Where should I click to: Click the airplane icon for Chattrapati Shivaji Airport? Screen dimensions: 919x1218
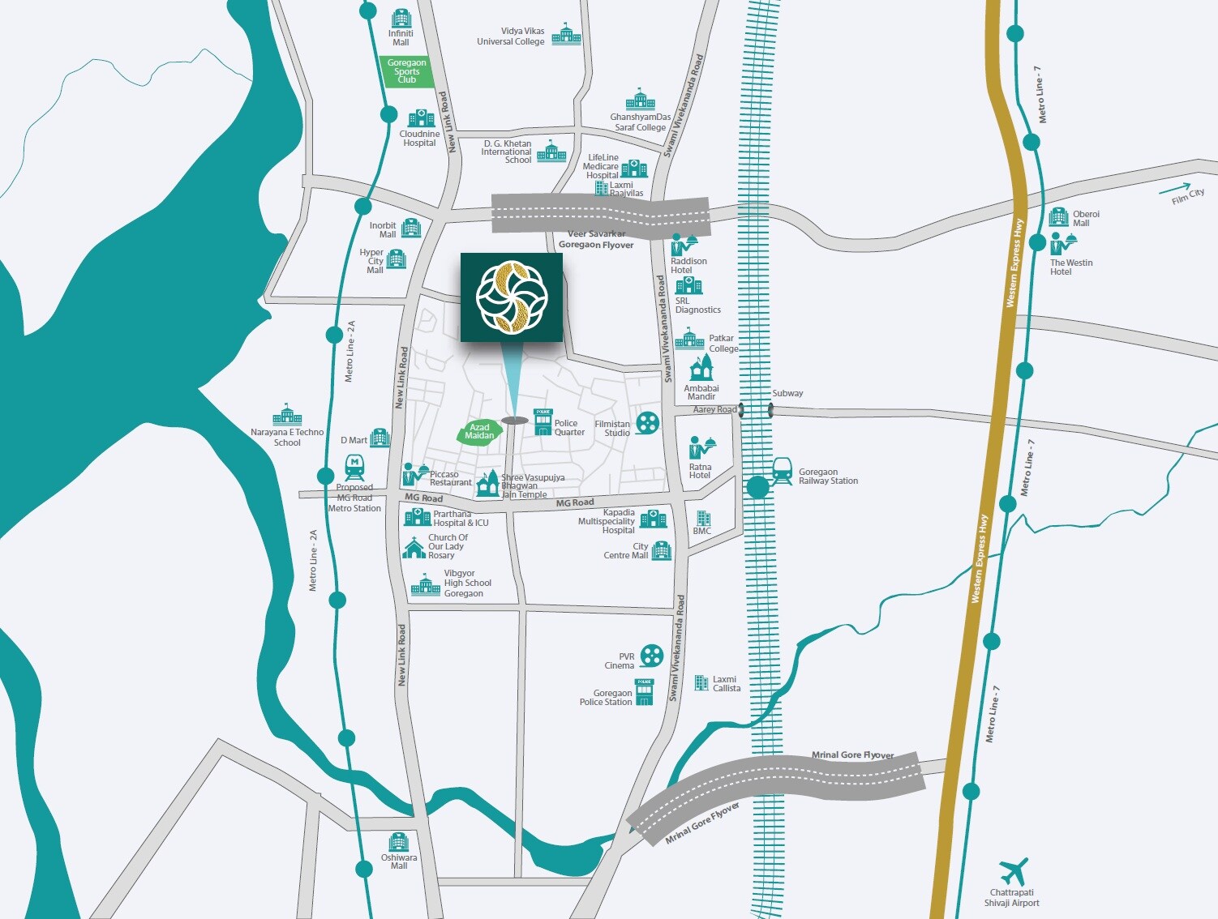point(1014,872)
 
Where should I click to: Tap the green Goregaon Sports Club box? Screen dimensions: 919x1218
point(406,71)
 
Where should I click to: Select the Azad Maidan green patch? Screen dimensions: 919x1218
point(479,432)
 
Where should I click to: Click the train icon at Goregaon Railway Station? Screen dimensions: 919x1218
point(782,471)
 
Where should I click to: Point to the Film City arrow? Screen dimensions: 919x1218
point(1175,190)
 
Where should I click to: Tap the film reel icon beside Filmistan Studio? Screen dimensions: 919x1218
point(647,423)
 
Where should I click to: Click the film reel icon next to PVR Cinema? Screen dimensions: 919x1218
point(651,655)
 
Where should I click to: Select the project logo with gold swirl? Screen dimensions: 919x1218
point(512,297)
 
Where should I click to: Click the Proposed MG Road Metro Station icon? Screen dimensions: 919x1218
point(354,468)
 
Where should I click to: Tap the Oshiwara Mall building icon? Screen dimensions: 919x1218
point(398,841)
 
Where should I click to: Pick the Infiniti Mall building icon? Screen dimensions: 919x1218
point(401,18)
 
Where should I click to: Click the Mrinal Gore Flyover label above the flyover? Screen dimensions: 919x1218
point(852,754)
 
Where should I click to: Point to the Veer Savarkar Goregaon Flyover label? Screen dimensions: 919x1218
point(596,239)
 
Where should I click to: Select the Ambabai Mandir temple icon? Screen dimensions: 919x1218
point(701,368)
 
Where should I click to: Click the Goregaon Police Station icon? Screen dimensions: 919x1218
point(644,693)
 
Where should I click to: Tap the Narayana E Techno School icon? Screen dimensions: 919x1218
point(287,415)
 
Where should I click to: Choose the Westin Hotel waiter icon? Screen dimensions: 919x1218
point(1062,243)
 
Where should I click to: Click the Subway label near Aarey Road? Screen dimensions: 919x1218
point(787,393)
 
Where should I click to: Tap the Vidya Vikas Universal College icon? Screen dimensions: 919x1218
point(566,34)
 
